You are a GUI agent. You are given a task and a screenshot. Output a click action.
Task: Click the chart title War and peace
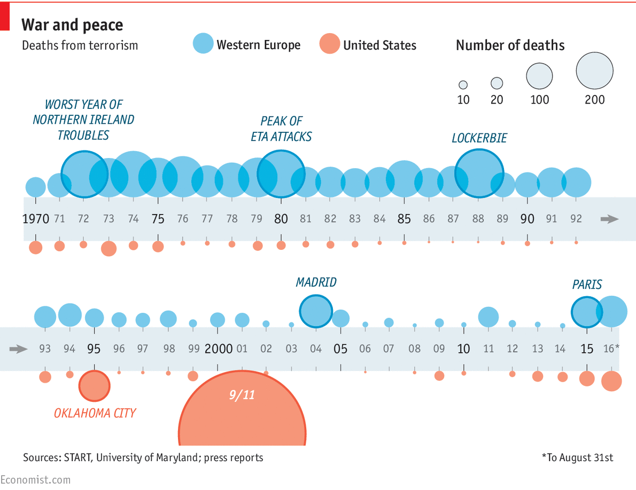coord(72,25)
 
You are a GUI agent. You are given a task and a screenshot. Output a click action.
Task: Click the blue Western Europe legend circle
coord(203,44)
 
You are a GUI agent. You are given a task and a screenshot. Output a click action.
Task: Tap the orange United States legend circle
coord(329,44)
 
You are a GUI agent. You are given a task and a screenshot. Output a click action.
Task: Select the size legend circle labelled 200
coord(594,70)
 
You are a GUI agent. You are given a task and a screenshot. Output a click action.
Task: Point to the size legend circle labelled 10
coord(463,85)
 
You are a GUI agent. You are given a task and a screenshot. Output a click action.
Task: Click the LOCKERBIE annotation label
coord(479,138)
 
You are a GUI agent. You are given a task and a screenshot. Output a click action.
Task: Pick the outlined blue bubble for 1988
coord(479,173)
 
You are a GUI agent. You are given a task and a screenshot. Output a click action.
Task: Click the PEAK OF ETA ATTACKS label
coord(281,129)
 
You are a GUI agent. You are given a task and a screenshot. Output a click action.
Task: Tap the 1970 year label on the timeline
coord(36,219)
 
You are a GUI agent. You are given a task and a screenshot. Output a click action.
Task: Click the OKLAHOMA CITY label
coord(95,413)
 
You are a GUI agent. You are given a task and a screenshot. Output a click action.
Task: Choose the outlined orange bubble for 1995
coord(94,386)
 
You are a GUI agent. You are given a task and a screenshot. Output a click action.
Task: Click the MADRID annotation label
coord(316,282)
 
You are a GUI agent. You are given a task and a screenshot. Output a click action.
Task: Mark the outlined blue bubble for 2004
coord(316,311)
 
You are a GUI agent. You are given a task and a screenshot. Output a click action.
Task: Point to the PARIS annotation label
coord(587,284)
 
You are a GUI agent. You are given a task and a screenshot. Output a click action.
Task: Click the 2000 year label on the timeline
coord(218,349)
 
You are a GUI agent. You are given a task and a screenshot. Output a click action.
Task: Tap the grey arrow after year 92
coord(609,219)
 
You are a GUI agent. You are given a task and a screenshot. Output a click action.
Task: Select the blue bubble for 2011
coord(488,317)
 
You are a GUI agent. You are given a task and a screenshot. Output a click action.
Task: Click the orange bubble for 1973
coord(108,248)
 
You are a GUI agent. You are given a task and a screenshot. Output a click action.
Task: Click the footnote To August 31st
coord(577,457)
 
